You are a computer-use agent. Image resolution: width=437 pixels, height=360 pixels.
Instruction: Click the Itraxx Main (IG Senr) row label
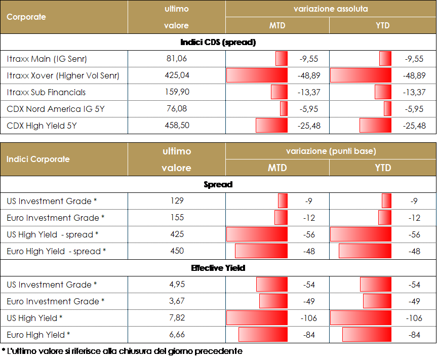[x=47, y=59]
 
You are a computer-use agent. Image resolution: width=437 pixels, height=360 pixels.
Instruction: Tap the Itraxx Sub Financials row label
[x=47, y=92]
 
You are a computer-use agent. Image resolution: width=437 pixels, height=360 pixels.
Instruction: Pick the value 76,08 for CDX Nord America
[x=176, y=108]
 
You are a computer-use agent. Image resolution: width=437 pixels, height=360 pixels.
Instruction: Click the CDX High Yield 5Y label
[x=42, y=126]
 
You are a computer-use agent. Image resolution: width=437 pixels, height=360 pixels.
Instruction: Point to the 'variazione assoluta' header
[x=330, y=9]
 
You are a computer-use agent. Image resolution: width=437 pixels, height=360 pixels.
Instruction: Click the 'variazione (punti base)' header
[x=330, y=151]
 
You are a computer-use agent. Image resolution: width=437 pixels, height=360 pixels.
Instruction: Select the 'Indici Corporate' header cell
[x=38, y=159]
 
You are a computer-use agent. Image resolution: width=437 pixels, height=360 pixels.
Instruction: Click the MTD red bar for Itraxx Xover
[x=257, y=75]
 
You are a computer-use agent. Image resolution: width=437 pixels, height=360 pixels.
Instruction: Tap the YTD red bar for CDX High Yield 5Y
[x=375, y=125]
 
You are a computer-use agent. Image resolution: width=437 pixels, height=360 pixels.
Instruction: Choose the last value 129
[x=176, y=201]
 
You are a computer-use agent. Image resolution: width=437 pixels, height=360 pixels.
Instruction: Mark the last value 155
[x=176, y=217]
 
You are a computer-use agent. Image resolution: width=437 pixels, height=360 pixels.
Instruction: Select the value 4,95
[x=176, y=285]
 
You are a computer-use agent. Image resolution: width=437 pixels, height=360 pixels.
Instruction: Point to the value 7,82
[x=176, y=317]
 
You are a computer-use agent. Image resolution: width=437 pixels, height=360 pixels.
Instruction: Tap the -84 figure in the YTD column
[x=414, y=335]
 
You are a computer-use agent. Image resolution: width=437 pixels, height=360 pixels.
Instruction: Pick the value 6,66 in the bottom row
[x=176, y=334]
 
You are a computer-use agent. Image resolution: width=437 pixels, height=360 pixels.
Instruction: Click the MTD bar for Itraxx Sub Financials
[x=279, y=92]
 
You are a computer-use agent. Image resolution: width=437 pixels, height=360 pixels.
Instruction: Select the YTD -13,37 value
[x=414, y=92]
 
